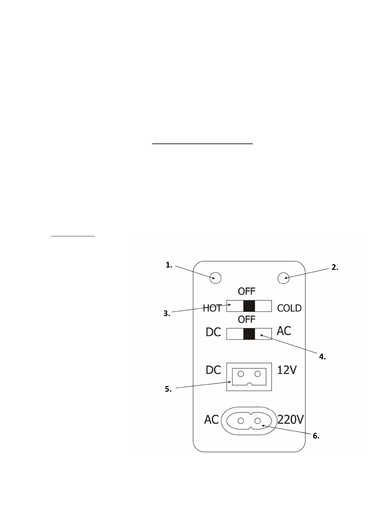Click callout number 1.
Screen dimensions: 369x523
pyautogui.click(x=169, y=265)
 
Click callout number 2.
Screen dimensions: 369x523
pyautogui.click(x=335, y=267)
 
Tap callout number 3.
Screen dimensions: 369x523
pyautogui.click(x=167, y=314)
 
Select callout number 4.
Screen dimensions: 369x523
pyautogui.click(x=322, y=357)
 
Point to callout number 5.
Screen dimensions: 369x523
pyautogui.click(x=168, y=389)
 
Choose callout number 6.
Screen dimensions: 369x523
pyautogui.click(x=316, y=436)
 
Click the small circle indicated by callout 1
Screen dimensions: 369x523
pyautogui.click(x=216, y=278)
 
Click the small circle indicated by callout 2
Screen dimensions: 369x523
pyautogui.click(x=283, y=278)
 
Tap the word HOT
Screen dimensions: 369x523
pyautogui.click(x=212, y=308)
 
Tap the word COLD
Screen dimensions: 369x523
pyautogui.click(x=289, y=308)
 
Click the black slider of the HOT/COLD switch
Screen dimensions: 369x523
pyautogui.click(x=249, y=306)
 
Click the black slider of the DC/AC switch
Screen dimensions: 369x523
pyautogui.click(x=249, y=334)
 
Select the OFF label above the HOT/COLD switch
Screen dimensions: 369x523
pyautogui.click(x=247, y=291)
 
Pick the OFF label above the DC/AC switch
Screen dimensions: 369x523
pyautogui.click(x=247, y=319)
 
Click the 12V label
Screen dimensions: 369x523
pyautogui.click(x=287, y=370)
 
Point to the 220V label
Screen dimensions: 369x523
pyautogui.click(x=291, y=420)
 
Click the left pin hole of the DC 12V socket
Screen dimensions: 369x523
pyautogui.click(x=241, y=374)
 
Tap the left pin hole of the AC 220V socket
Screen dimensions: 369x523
pyautogui.click(x=241, y=421)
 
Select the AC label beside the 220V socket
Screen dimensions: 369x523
pyautogui.click(x=211, y=420)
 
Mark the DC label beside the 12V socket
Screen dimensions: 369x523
pyautogui.click(x=213, y=370)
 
